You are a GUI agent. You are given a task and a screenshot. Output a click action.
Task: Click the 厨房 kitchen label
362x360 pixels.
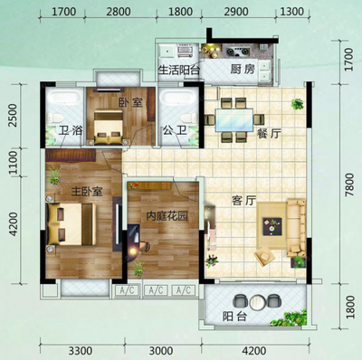(x=243, y=70)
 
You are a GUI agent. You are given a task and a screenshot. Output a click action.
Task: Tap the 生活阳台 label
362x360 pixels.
(x=179, y=71)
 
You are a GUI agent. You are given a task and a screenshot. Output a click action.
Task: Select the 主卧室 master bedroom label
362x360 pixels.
(x=87, y=192)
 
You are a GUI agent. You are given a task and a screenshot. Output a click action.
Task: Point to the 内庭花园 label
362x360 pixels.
(x=167, y=216)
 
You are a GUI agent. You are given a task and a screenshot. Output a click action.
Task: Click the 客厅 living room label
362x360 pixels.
(x=243, y=201)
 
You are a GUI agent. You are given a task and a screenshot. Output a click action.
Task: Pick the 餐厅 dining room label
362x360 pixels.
(x=269, y=133)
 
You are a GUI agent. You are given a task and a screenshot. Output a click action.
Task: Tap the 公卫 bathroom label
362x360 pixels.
(x=174, y=131)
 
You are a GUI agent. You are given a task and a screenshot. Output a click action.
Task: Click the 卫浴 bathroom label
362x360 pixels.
(x=71, y=131)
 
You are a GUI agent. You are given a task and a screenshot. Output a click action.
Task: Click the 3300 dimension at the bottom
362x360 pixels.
(x=81, y=351)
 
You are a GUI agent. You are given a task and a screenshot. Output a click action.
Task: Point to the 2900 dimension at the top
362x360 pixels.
(x=236, y=12)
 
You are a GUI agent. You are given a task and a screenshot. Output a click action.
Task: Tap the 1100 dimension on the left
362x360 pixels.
(x=14, y=163)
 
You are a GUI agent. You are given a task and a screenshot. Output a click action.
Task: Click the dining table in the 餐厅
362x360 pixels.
(x=234, y=120)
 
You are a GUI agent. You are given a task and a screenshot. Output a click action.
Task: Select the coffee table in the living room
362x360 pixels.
(x=272, y=226)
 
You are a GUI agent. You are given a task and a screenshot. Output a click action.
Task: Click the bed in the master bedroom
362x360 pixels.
(x=71, y=223)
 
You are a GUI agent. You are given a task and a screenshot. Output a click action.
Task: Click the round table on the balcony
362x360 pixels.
(x=257, y=302)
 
